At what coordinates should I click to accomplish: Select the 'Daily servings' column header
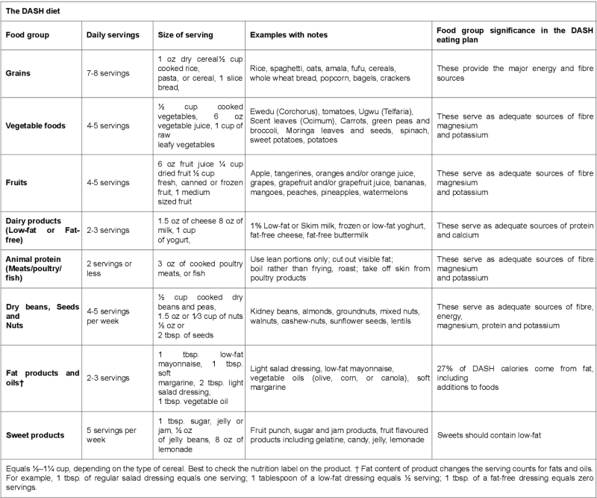click(110, 35)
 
